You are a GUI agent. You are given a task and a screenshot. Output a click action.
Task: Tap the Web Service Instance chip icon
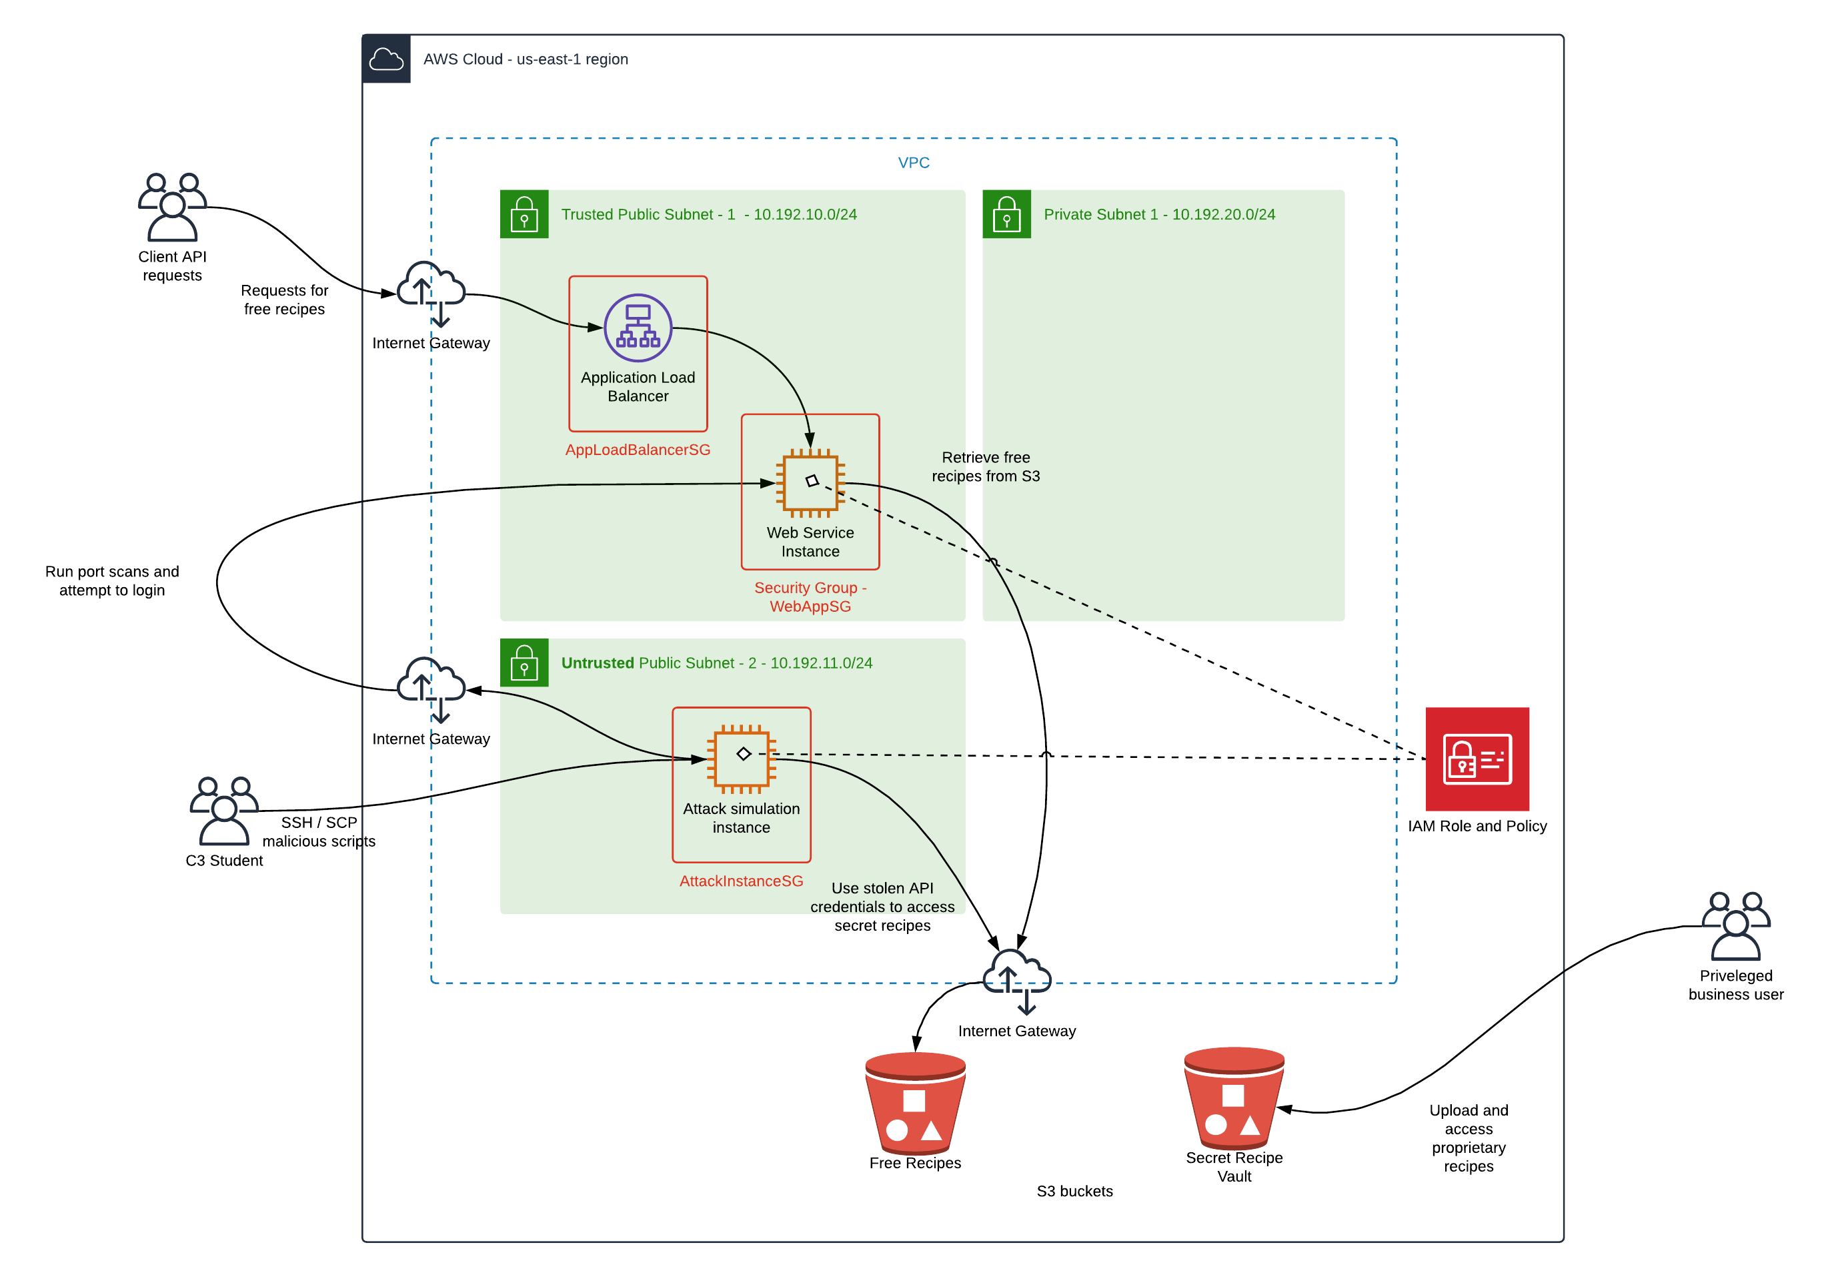coord(810,483)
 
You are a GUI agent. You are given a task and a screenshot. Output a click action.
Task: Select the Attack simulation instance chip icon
coord(741,757)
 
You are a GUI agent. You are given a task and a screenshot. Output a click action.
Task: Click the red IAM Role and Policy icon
coord(1477,759)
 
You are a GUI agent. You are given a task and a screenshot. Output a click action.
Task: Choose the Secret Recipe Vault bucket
coord(1234,1098)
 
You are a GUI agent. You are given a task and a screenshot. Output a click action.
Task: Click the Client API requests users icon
coord(172,207)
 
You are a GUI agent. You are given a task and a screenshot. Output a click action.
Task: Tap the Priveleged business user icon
coord(1735,926)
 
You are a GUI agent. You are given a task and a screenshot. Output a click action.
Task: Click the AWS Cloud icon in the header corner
coord(387,59)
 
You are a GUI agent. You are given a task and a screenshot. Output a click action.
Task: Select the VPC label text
coord(914,163)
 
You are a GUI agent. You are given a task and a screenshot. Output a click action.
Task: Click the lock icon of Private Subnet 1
coord(1006,214)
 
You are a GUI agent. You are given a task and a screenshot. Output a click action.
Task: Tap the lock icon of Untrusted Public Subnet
coord(524,663)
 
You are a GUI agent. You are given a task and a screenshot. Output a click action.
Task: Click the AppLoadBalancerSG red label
coord(638,449)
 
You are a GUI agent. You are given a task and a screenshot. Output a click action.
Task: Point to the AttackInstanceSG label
coord(741,881)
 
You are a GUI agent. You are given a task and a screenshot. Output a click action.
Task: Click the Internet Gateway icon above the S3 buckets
coord(1016,981)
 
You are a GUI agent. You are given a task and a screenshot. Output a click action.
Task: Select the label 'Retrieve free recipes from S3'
coord(986,467)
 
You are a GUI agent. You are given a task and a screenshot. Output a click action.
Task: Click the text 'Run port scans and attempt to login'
coord(113,581)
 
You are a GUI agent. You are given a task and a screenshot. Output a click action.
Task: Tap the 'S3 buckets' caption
coord(1074,1191)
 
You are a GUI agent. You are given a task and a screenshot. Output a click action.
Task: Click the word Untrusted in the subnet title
coord(598,663)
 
